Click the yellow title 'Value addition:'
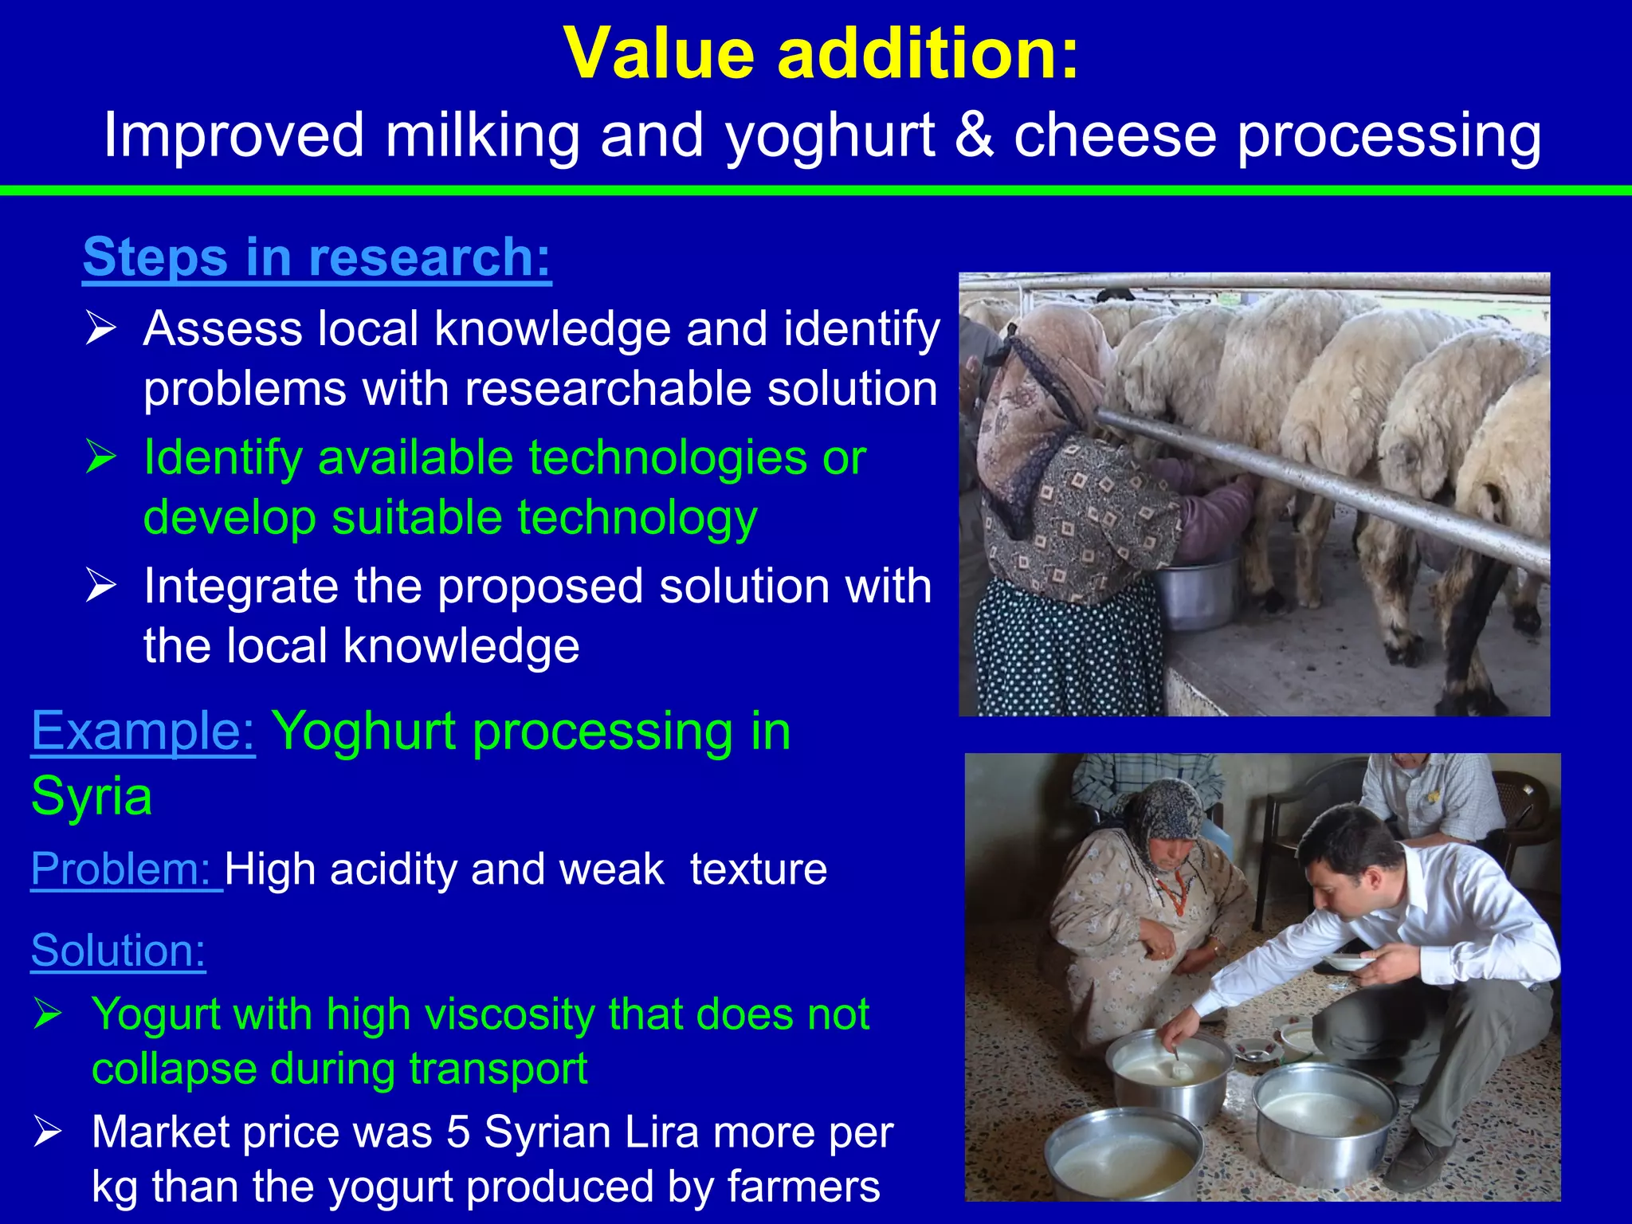pyautogui.click(x=821, y=54)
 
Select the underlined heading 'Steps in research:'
pyautogui.click(x=316, y=257)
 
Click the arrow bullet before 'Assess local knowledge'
pyautogui.click(x=101, y=329)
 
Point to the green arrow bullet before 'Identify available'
pyautogui.click(x=101, y=458)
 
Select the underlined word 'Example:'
pyautogui.click(x=143, y=732)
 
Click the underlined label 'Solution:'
pyautogui.click(x=118, y=951)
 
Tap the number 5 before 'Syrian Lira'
pyautogui.click(x=458, y=1132)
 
